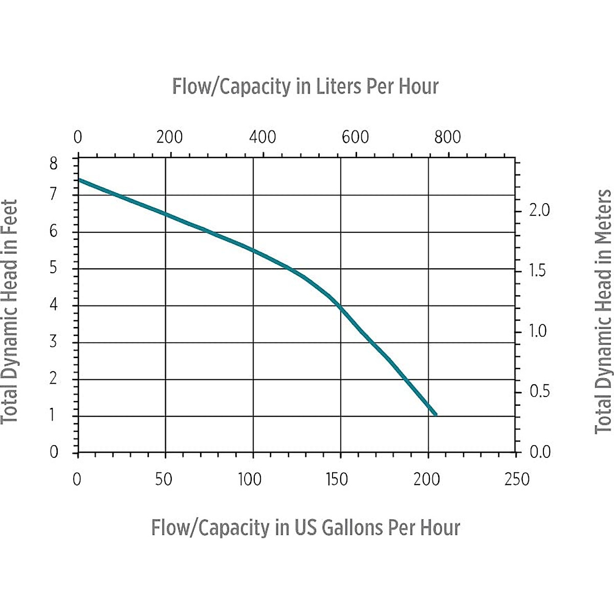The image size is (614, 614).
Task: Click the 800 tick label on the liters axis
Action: click(x=448, y=137)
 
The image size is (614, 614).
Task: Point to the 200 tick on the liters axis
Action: click(x=170, y=137)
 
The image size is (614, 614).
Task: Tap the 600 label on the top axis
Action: click(x=355, y=137)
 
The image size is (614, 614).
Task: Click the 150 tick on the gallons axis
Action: click(x=336, y=479)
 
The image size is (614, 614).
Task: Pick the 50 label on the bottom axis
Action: click(x=163, y=479)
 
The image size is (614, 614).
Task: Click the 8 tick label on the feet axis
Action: click(x=53, y=164)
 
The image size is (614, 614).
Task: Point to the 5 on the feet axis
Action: click(x=53, y=268)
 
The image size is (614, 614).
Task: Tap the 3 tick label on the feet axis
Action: click(x=53, y=342)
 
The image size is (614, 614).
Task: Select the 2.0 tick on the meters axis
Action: click(x=539, y=210)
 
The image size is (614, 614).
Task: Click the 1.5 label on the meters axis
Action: click(x=537, y=271)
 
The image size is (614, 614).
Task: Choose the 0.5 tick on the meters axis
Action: click(x=539, y=391)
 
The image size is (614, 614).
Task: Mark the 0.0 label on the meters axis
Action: click(x=539, y=452)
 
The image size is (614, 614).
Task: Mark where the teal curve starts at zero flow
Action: click(x=79, y=180)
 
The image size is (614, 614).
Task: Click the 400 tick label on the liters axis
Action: click(x=262, y=137)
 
